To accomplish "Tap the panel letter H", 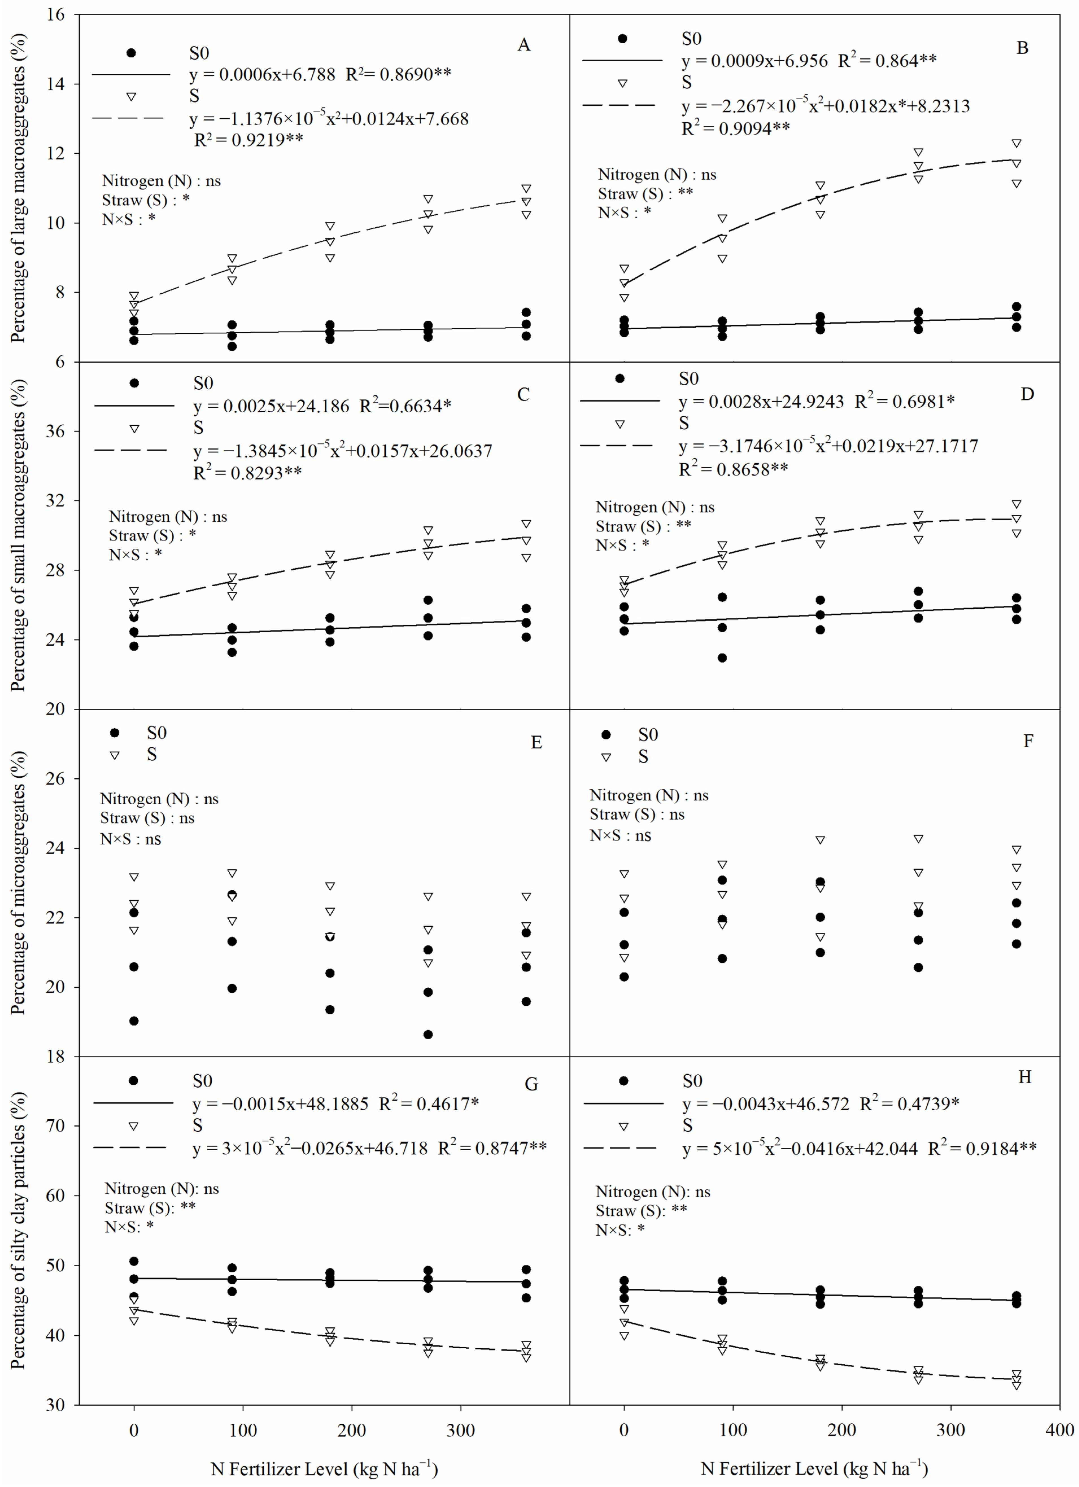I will click(x=1025, y=1077).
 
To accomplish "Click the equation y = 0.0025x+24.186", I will click(x=271, y=406).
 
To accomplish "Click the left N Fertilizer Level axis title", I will click(x=324, y=1469).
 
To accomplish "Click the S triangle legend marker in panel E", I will click(x=115, y=755).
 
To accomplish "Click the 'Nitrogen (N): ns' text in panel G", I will click(x=162, y=1189).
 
